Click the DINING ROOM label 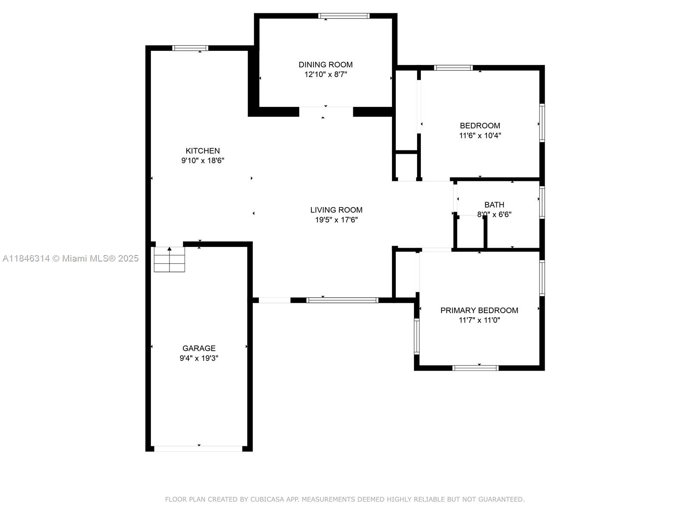(325, 65)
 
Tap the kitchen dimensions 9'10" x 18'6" (203, 161)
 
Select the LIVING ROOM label (336, 210)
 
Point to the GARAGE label (199, 348)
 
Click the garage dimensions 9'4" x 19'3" (199, 358)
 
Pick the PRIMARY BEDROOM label (479, 310)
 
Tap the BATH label (494, 205)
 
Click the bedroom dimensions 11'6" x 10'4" (480, 135)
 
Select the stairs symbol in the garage (169, 260)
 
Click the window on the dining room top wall (344, 16)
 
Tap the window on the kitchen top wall (190, 48)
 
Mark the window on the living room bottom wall (342, 300)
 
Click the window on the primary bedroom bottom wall (475, 368)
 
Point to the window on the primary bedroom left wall (417, 336)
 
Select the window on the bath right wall (542, 202)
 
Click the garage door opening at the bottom (198, 448)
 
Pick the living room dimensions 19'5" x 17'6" (336, 220)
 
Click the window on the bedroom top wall (453, 68)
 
